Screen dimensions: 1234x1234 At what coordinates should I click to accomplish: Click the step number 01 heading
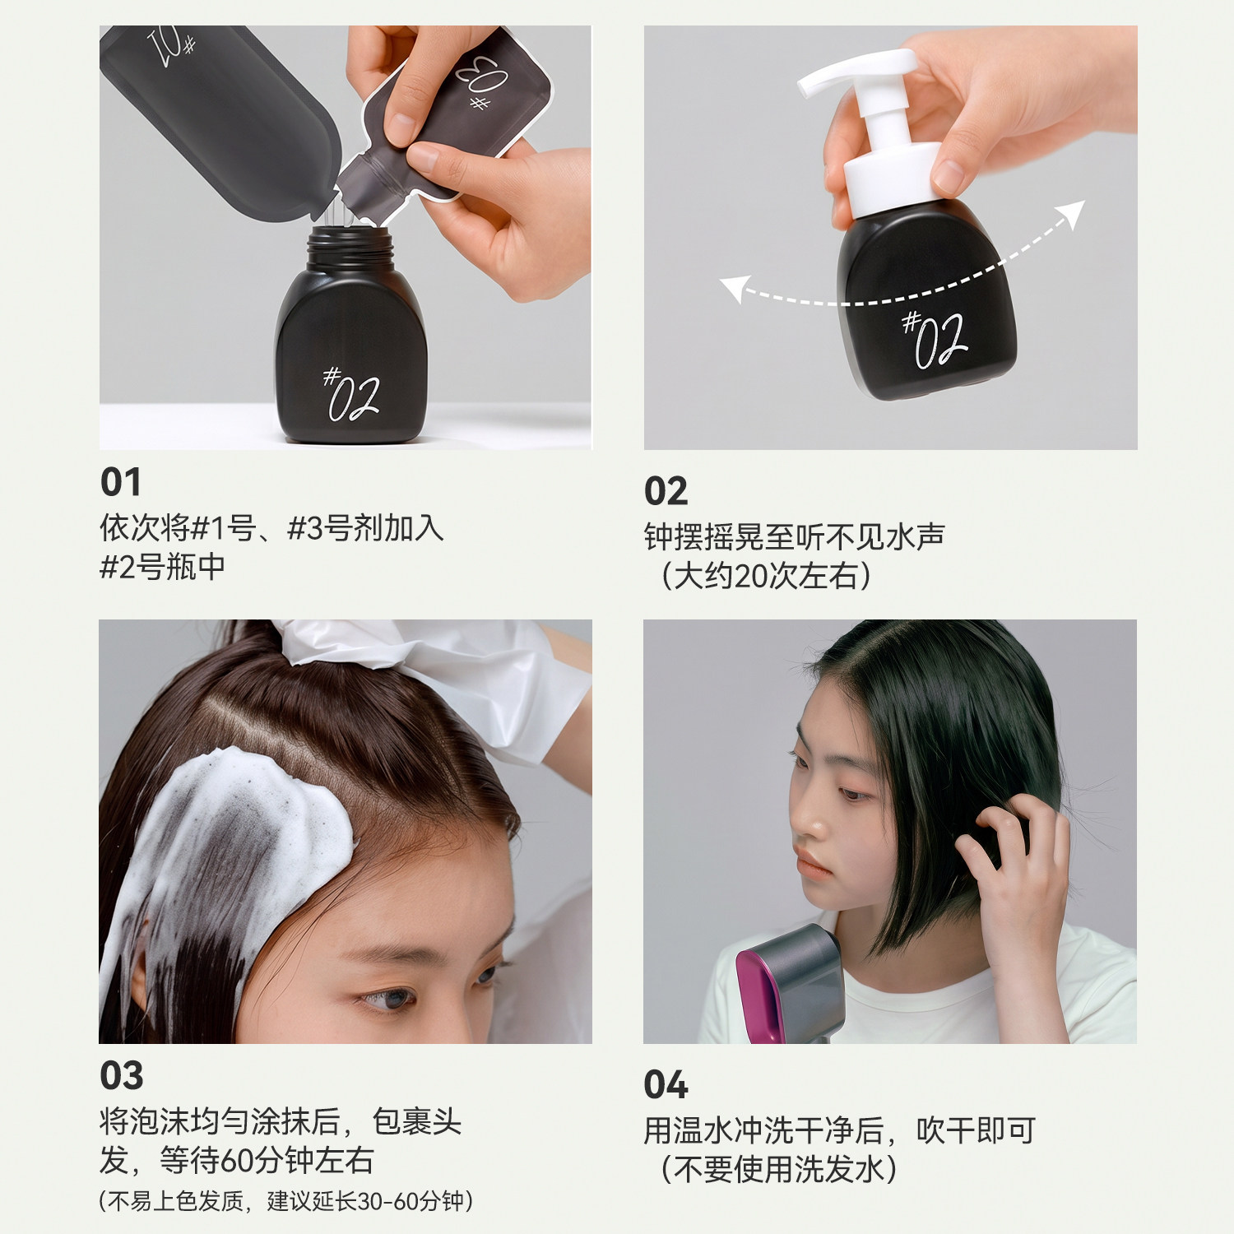[x=121, y=482]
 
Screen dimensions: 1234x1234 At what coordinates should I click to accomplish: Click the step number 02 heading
[x=666, y=492]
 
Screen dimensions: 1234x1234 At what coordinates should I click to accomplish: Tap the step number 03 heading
[x=122, y=1076]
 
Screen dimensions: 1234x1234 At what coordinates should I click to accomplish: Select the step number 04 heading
[x=666, y=1085]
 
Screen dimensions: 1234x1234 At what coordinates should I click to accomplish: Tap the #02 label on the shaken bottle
[x=935, y=337]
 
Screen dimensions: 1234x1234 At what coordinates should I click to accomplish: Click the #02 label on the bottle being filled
[x=351, y=395]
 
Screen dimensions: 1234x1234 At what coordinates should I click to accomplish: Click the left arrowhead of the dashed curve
[x=733, y=288]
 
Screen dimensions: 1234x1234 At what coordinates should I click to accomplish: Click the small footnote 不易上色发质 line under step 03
[x=285, y=1201]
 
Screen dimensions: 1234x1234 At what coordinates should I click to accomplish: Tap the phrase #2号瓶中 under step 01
[x=162, y=567]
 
